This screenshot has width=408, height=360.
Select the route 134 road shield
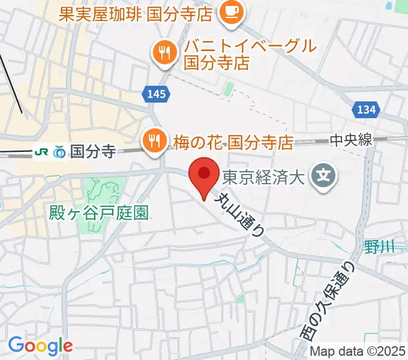tap(366, 109)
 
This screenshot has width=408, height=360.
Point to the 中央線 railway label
tap(351, 140)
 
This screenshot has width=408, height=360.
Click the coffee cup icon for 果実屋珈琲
tap(230, 12)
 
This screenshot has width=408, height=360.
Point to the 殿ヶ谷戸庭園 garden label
tap(100, 211)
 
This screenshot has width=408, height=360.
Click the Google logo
tap(40, 346)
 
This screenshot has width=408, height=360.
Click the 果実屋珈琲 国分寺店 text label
tap(136, 13)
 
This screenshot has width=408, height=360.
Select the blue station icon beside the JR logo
tap(59, 152)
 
